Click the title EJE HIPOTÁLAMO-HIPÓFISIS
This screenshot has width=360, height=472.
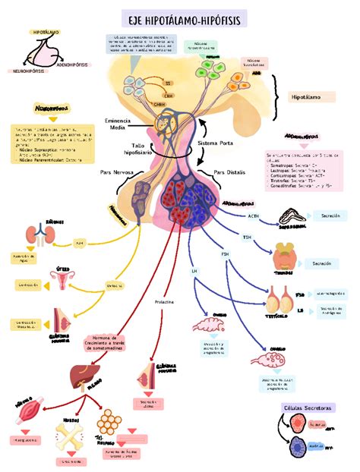[x=180, y=17]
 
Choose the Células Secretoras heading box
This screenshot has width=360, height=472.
[x=308, y=408]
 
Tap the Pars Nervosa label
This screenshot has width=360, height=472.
[x=117, y=172]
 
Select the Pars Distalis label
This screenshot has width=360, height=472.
[x=231, y=171]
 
